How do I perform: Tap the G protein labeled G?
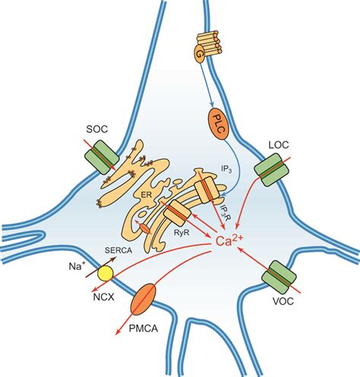(x=201, y=55)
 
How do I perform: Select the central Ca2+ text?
(x=237, y=245)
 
